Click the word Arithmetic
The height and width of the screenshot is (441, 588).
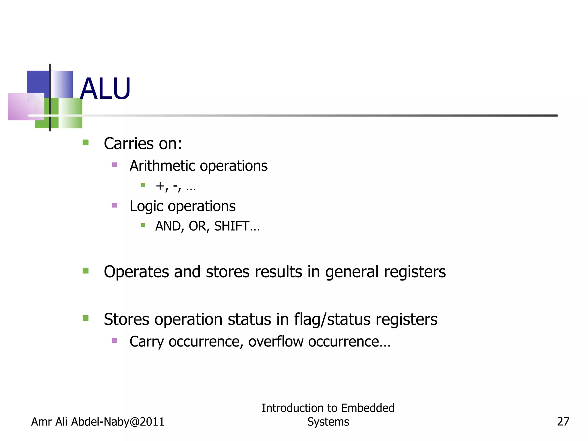tap(162, 166)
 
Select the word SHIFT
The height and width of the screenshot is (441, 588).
tap(231, 226)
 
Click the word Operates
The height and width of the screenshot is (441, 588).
tap(136, 272)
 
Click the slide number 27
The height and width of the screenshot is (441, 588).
tap(563, 421)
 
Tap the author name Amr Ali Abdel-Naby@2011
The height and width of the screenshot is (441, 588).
tap(98, 422)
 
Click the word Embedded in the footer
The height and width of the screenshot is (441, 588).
tap(368, 408)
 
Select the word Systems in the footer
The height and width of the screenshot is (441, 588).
tap(328, 422)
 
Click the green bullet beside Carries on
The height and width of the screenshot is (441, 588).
tap(86, 142)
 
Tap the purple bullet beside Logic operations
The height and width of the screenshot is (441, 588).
tap(114, 205)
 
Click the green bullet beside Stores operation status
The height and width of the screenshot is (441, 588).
tap(86, 318)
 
